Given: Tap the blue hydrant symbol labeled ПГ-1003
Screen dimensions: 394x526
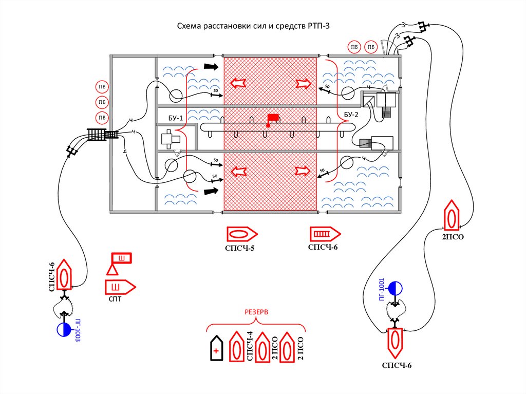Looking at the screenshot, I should (64, 329).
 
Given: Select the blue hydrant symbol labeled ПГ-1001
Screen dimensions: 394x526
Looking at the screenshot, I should (395, 288).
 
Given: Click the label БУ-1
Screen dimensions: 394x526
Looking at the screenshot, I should (176, 118).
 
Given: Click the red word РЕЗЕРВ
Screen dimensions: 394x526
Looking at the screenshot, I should (256, 312).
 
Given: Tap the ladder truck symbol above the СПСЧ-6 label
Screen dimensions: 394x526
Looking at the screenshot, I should (324, 234).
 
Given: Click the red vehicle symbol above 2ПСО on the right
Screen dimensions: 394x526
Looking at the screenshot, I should (451, 216).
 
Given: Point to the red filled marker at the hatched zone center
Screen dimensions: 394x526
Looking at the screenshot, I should (272, 118).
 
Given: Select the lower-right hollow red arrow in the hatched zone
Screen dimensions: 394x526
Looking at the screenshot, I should (303, 171).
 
